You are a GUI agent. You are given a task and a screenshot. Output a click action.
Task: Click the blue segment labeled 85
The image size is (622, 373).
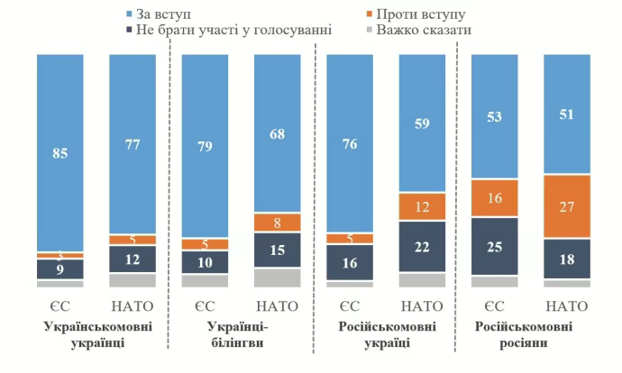(x=60, y=152)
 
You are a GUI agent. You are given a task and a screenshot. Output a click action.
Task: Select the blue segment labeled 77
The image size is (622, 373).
(x=133, y=144)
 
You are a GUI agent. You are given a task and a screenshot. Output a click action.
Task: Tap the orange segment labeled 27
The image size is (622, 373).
(x=567, y=206)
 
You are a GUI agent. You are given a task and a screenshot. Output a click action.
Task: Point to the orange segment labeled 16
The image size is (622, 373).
(x=495, y=198)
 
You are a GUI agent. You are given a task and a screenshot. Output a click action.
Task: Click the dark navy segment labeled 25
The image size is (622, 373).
(x=495, y=246)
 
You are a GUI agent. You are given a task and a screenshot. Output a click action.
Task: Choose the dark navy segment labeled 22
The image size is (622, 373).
(x=422, y=246)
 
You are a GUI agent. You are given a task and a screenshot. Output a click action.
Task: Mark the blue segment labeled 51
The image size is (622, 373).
(x=567, y=114)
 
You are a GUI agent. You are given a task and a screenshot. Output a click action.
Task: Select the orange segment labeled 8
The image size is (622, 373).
(x=277, y=222)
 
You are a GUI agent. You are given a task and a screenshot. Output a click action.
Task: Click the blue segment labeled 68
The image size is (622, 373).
(x=277, y=133)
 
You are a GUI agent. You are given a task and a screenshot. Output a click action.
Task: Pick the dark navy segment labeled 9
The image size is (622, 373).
(x=60, y=268)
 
